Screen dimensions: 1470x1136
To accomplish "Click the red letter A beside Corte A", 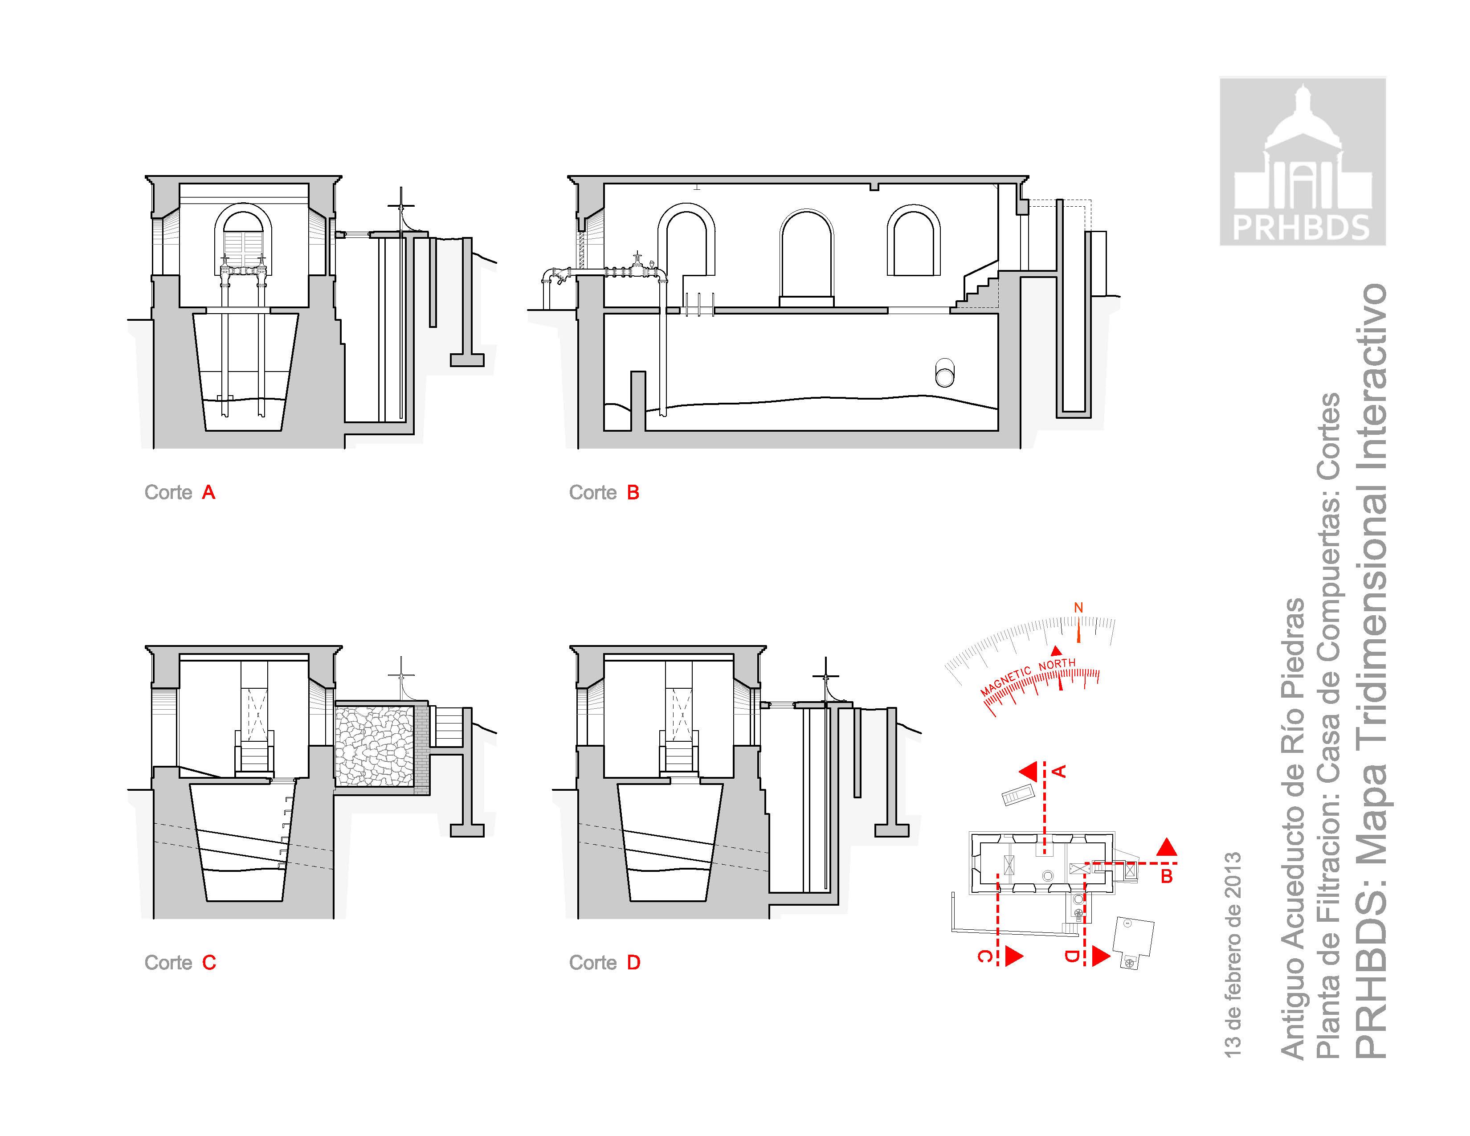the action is tap(208, 493).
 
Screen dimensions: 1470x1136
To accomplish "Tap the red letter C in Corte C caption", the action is tap(209, 962).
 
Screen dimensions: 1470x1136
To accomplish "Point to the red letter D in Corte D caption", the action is tap(633, 962).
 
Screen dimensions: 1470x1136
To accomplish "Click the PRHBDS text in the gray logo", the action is tap(1302, 228).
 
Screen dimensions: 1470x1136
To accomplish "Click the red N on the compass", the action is tap(1078, 608).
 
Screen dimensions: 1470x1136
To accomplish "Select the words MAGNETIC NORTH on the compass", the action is tap(1028, 677).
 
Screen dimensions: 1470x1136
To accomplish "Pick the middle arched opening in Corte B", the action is tap(806, 258).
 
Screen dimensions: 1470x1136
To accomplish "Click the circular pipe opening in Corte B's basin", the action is tap(945, 372).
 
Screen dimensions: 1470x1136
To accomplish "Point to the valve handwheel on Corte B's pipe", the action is tap(636, 257).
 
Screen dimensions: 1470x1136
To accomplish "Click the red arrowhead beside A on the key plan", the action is tap(1027, 771).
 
